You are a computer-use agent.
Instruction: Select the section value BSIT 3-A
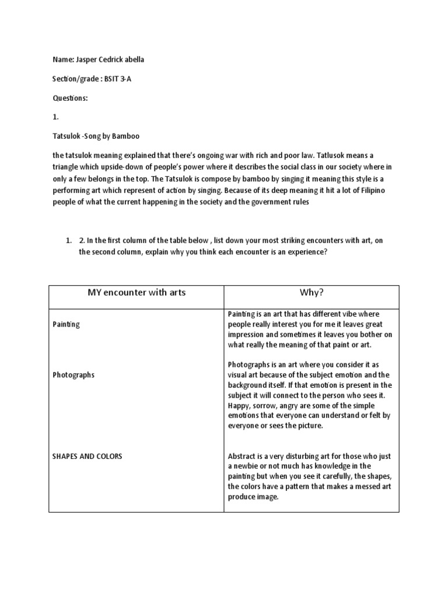click(118, 79)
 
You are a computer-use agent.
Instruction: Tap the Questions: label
click(70, 98)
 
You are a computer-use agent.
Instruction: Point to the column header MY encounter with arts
click(136, 293)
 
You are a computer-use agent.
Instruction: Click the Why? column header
click(311, 293)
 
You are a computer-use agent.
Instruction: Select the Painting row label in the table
click(66, 324)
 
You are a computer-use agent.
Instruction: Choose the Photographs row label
click(73, 375)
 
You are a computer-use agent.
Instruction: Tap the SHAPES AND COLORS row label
click(87, 456)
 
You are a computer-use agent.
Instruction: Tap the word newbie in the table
click(246, 466)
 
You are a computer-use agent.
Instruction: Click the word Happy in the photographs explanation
click(239, 405)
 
